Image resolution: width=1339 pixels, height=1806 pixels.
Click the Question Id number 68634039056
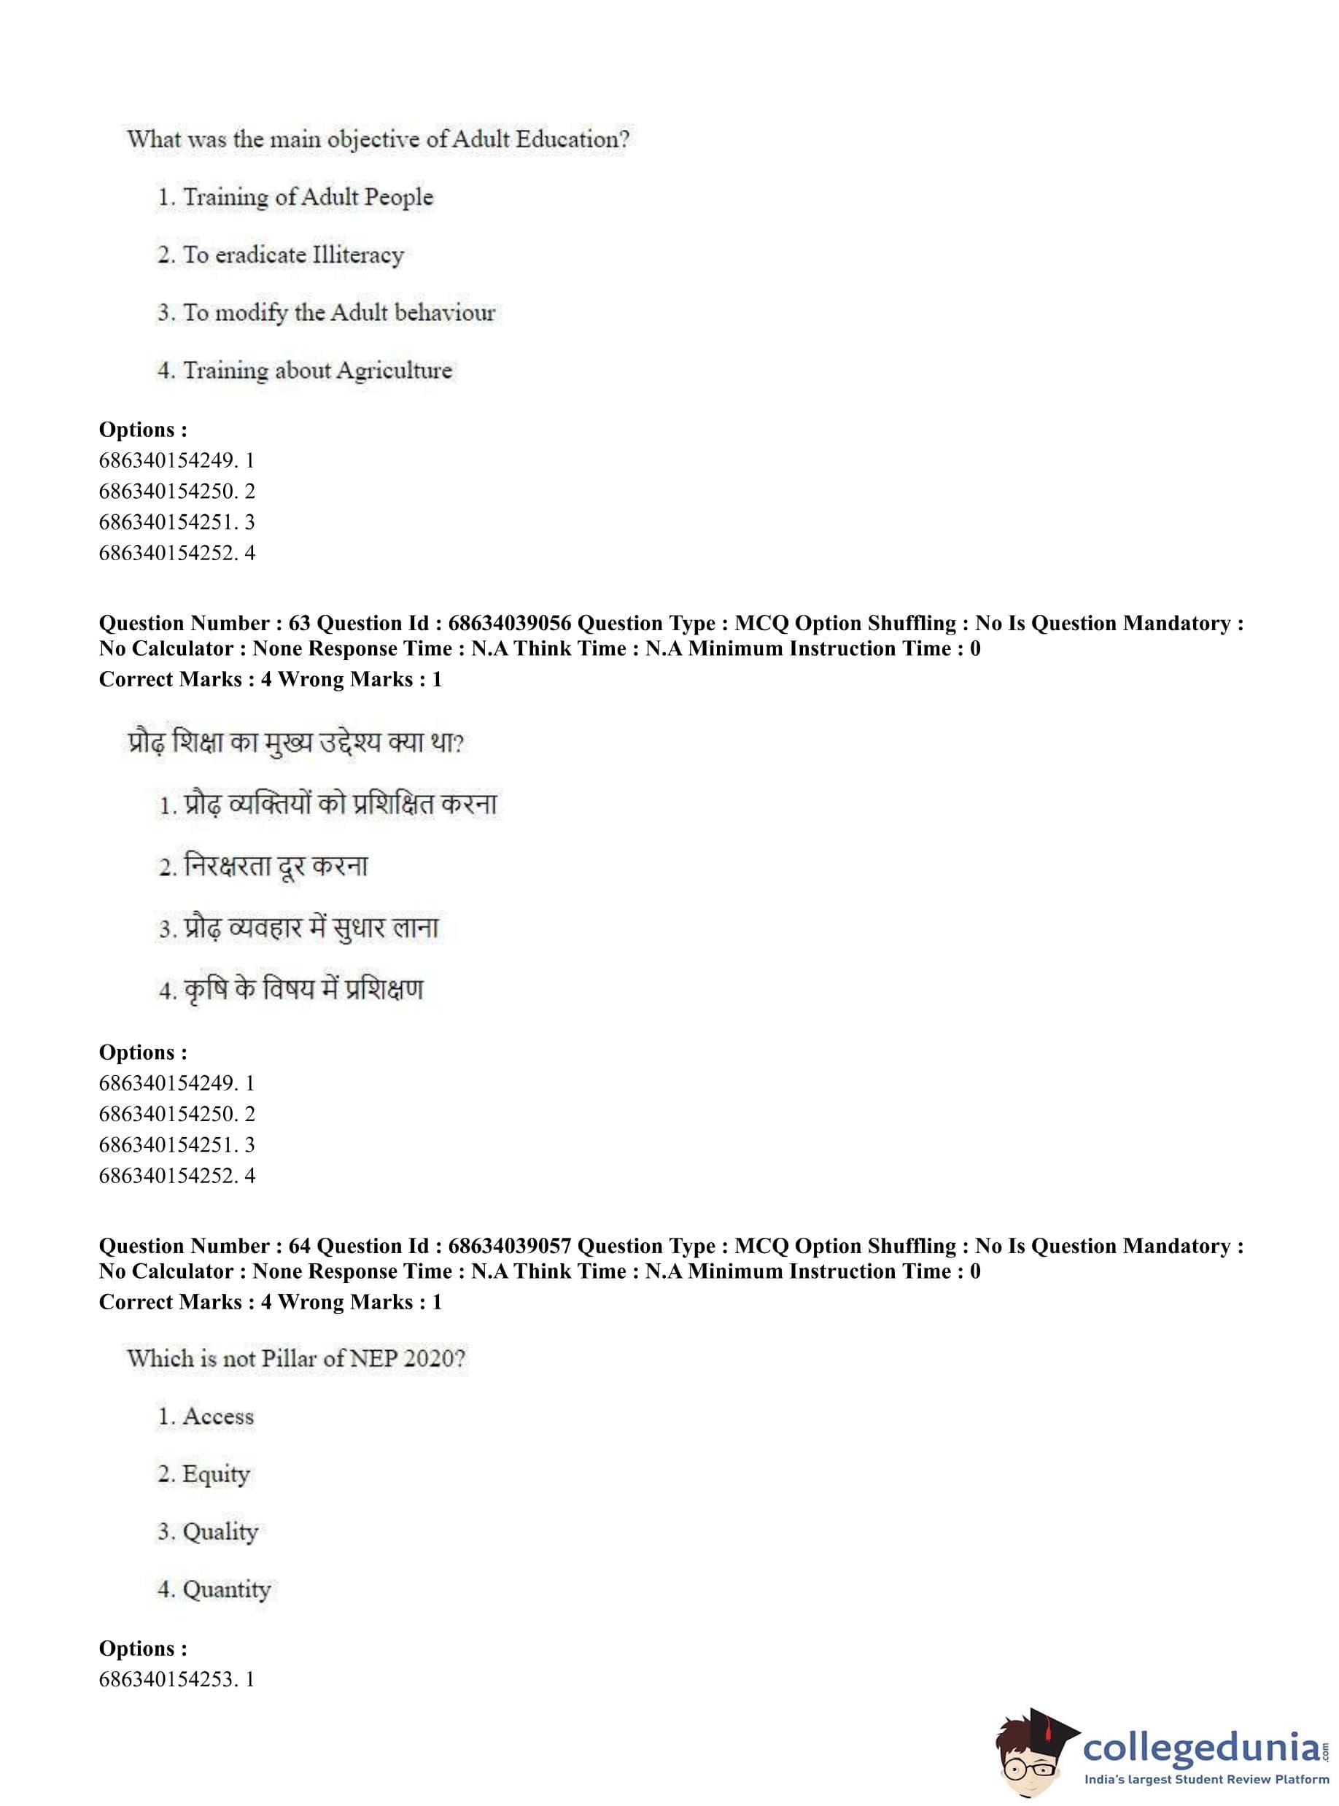pyautogui.click(x=509, y=624)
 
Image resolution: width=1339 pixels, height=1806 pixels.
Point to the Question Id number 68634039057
pyautogui.click(x=509, y=1246)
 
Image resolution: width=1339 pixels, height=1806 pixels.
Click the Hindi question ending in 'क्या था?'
pyautogui.click(x=296, y=743)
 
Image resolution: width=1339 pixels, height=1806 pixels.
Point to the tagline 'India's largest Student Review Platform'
pyautogui.click(x=1206, y=1780)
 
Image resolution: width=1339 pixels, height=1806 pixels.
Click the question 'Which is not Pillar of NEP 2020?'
pyautogui.click(x=296, y=1359)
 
